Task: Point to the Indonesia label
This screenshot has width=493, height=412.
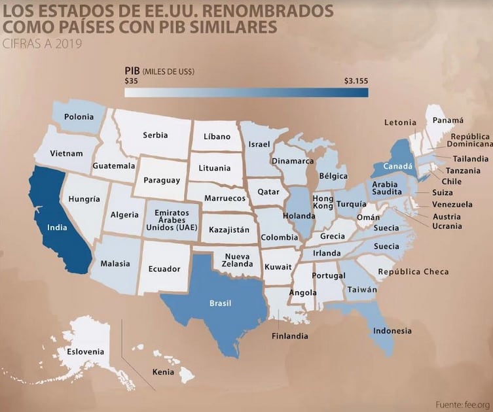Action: tap(392, 330)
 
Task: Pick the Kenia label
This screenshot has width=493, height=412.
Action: tap(163, 372)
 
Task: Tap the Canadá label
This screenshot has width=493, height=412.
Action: tap(397, 167)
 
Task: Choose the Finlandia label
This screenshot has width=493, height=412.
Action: tap(290, 336)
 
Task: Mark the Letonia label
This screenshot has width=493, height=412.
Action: tap(400, 122)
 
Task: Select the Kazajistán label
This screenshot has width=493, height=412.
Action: tap(230, 230)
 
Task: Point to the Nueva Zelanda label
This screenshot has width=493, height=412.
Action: tap(238, 260)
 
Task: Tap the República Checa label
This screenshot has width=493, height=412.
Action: tap(413, 271)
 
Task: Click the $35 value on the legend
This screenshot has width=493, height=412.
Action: tap(130, 81)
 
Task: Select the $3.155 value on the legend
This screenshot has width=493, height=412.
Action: tap(356, 81)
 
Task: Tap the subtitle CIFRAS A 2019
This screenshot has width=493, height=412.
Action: tap(41, 44)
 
